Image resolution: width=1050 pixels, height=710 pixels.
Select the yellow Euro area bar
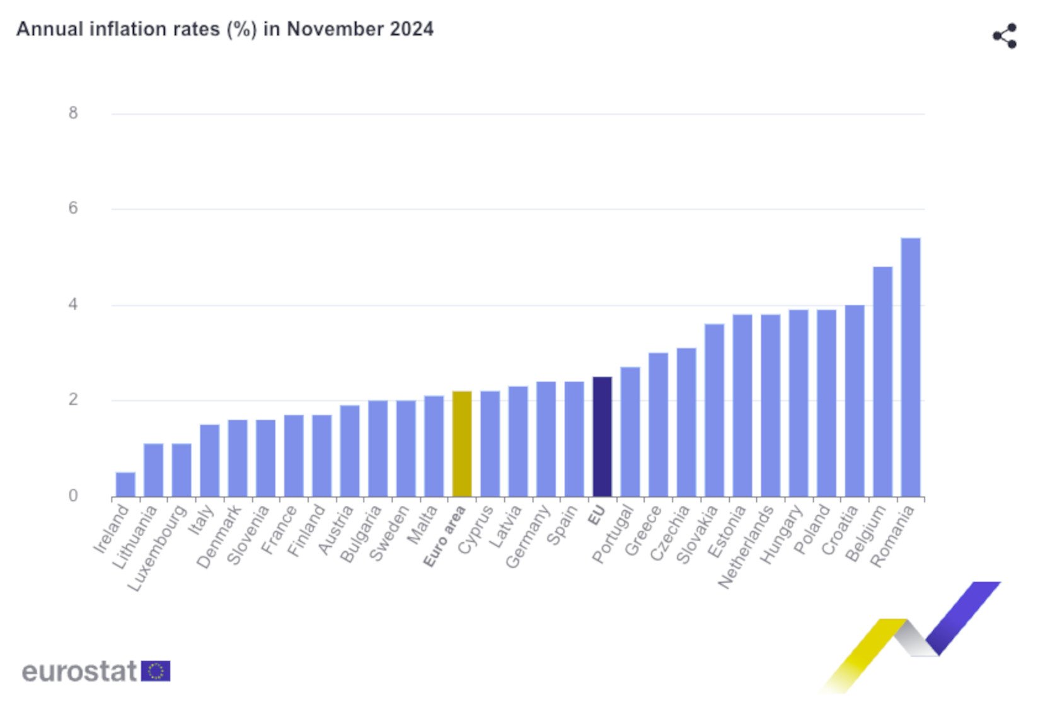click(x=462, y=444)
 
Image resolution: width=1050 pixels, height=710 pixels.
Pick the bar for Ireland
click(x=125, y=484)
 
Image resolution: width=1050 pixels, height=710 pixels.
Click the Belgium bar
click(x=882, y=382)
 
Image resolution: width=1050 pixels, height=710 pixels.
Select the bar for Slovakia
click(x=714, y=410)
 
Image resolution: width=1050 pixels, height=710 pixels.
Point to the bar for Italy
click(x=209, y=461)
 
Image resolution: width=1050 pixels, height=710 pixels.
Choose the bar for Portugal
click(x=630, y=432)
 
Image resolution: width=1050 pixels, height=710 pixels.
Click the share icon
click(x=1005, y=36)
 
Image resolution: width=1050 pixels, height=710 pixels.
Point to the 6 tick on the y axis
click(x=73, y=209)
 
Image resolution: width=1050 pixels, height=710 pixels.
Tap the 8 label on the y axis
click(x=73, y=113)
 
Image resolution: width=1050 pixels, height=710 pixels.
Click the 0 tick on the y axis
click(x=73, y=496)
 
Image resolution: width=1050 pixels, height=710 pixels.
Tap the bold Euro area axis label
click(x=444, y=537)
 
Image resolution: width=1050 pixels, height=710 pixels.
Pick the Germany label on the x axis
click(x=528, y=537)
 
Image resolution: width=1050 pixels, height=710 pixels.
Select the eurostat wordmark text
click(x=79, y=671)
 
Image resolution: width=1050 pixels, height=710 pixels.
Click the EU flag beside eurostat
click(x=155, y=671)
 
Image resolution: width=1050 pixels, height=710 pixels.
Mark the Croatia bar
click(x=855, y=401)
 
